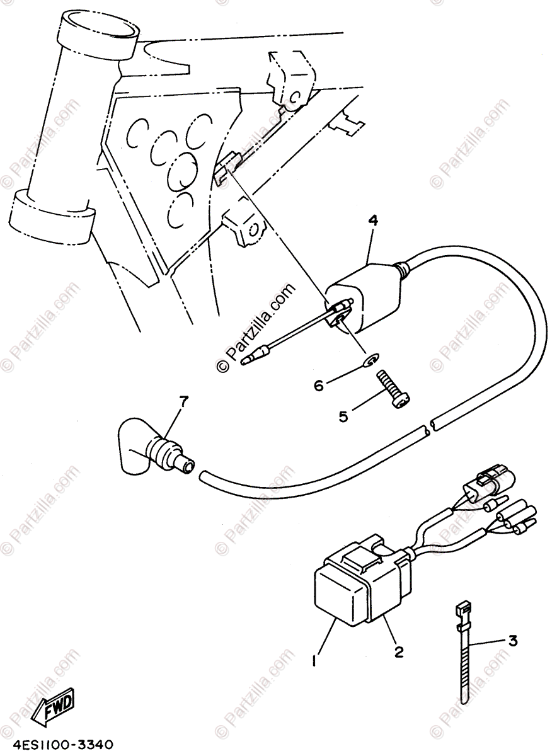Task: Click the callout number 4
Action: click(373, 220)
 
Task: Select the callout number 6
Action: click(319, 384)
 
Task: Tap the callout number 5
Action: click(343, 416)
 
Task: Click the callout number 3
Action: click(513, 641)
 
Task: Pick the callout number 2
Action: click(399, 652)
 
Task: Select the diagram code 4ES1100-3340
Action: click(58, 745)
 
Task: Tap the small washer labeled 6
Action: click(370, 360)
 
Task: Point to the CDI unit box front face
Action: click(340, 595)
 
